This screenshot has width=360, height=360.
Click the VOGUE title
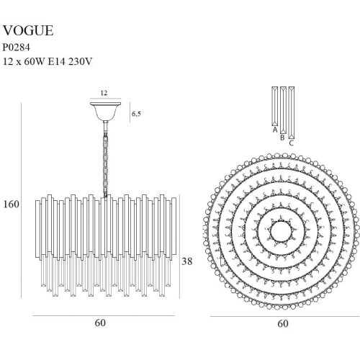[28, 30]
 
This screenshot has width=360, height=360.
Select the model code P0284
[17, 48]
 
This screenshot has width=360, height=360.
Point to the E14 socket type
[57, 62]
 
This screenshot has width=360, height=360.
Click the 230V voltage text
[81, 62]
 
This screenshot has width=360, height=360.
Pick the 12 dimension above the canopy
[104, 93]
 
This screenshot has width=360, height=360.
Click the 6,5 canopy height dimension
[136, 114]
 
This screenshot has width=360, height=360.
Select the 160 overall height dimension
[11, 204]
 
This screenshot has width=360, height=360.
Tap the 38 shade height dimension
[187, 261]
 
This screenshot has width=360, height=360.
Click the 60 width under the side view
[100, 323]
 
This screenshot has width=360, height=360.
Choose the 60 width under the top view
[283, 323]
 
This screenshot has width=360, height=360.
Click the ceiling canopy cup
[105, 112]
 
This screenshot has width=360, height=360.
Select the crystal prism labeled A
[275, 107]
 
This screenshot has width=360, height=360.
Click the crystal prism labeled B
[283, 110]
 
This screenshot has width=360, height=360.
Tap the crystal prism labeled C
[292, 113]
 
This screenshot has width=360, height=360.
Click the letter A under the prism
[275, 130]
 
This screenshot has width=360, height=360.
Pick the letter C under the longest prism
[292, 143]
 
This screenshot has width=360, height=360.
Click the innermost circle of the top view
[282, 231]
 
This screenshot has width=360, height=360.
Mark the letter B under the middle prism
[282, 138]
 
